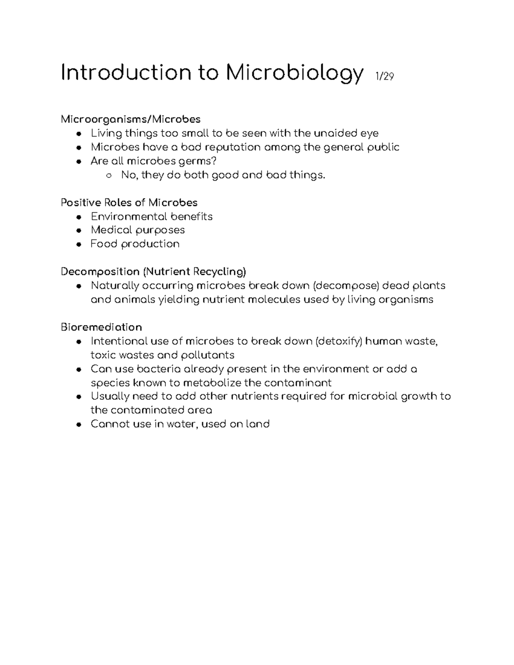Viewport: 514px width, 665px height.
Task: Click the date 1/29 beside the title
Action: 384,77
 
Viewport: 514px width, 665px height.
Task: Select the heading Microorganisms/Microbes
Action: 131,119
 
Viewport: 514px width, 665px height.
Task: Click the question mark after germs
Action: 215,161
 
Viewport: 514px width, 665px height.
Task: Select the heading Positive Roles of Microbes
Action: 129,202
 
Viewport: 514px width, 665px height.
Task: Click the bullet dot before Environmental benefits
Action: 78,217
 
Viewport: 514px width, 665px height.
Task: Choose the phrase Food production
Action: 135,244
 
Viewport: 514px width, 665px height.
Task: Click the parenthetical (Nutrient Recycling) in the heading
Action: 195,271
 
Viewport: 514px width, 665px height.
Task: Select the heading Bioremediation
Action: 101,327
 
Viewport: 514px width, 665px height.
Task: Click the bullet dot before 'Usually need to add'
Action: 78,397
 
